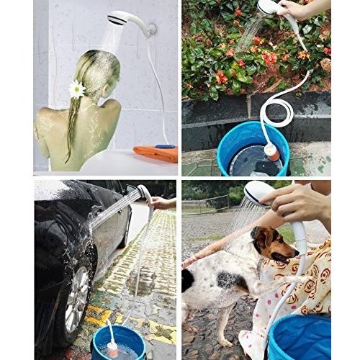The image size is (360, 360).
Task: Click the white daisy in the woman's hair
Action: coord(77,89)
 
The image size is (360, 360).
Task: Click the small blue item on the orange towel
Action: coord(166,146)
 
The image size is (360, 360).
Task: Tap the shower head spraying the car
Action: coord(144,194)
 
